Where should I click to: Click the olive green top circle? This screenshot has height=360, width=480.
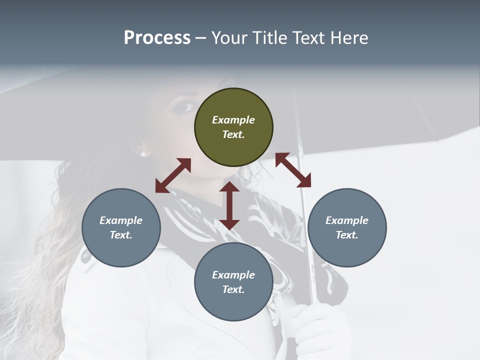point(233,127)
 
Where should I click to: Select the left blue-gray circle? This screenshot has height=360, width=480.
point(121,227)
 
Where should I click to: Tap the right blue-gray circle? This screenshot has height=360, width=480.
point(347,227)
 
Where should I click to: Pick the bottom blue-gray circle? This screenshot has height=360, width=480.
point(233,282)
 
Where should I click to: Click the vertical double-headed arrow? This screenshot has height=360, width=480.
point(229,205)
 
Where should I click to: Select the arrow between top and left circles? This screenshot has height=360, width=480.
point(173,175)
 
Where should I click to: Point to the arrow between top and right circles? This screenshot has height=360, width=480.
point(293,170)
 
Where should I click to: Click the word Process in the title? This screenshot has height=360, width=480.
point(157,38)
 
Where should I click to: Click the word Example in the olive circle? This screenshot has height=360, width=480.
point(233,120)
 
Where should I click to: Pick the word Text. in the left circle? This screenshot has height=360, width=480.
point(121,235)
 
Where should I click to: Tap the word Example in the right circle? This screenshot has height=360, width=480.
point(347,220)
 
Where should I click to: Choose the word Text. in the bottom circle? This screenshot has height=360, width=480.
point(233,289)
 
